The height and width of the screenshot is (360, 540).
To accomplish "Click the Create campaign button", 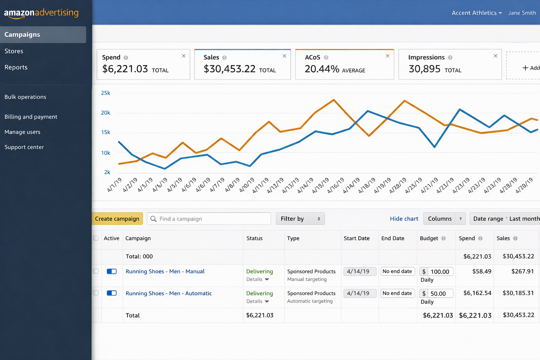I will click(117, 219).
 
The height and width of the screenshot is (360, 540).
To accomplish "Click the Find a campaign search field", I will click(209, 219).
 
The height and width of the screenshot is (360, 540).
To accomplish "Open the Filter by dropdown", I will click(300, 219).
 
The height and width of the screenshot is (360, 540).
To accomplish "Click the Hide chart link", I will click(404, 219).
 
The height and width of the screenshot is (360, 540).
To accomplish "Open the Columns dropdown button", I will click(444, 219).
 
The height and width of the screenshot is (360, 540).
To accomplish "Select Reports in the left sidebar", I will click(16, 67).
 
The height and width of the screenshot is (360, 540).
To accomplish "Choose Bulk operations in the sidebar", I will click(25, 97).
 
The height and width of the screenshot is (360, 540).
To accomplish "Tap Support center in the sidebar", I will click(24, 147).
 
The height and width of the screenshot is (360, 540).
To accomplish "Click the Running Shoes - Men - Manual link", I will click(165, 271).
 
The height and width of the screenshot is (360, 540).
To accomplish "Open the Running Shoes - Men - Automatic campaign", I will click(168, 293).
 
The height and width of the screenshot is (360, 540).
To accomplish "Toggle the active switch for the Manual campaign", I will click(112, 271).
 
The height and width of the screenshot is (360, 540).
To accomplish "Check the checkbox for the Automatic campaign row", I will click(96, 293).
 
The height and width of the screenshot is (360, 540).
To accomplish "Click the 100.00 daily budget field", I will click(440, 272).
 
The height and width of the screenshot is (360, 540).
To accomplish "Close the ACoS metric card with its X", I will click(387, 56).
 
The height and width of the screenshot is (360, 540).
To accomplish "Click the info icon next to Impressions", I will click(450, 58).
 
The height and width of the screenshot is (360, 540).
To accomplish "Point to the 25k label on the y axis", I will click(105, 93).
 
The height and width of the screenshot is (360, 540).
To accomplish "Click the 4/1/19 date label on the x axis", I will click(114, 185).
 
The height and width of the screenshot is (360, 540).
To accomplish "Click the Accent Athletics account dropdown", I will click(476, 13).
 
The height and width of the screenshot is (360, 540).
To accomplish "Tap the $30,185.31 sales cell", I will click(518, 293).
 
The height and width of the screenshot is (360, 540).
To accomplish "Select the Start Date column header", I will click(356, 238).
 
